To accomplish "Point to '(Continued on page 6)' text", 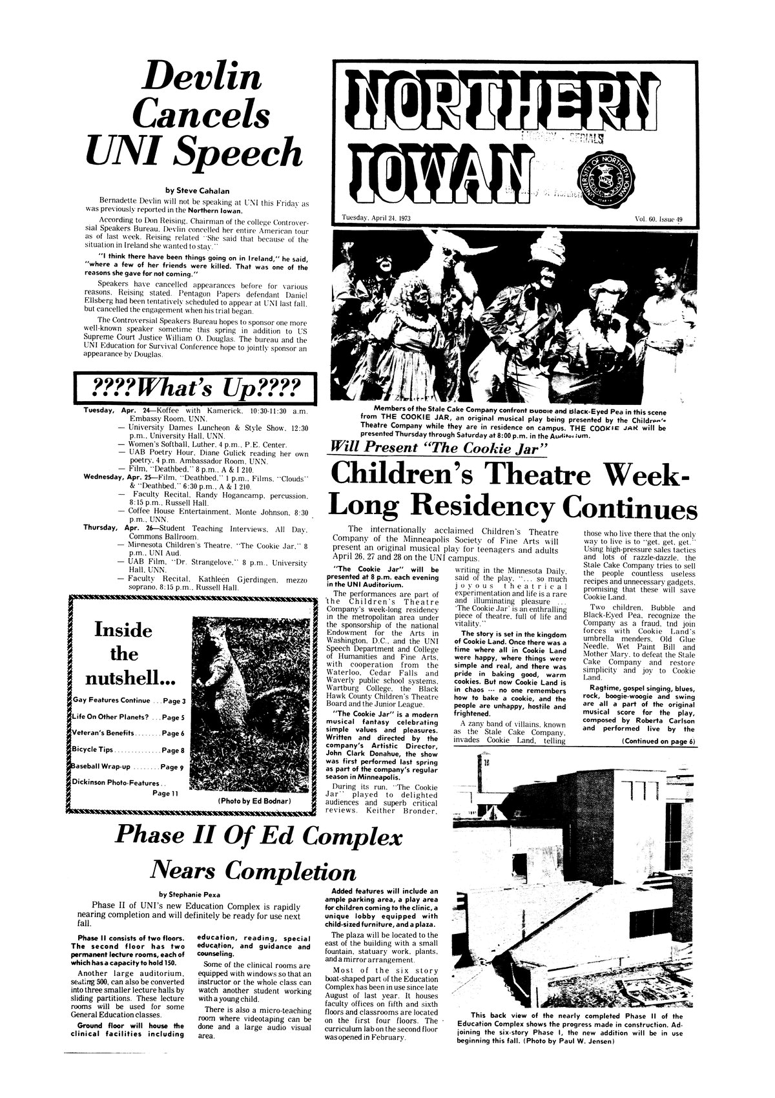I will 657,741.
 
